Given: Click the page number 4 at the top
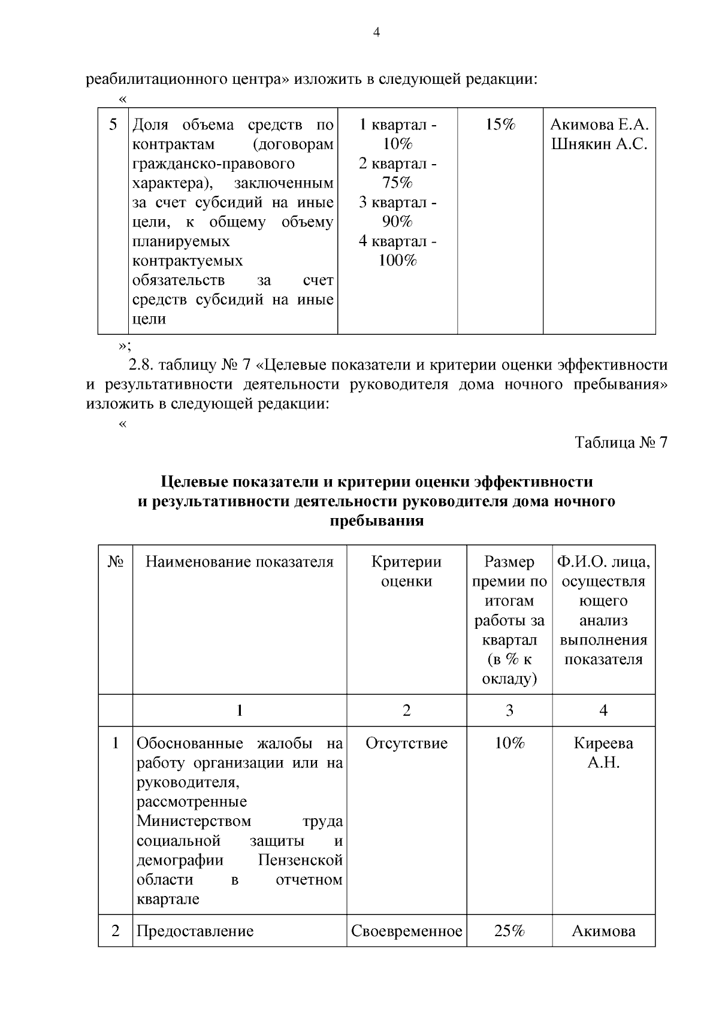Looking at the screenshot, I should (x=376, y=34).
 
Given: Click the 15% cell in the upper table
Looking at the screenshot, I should (x=500, y=125).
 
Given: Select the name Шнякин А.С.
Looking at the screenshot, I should (x=599, y=144).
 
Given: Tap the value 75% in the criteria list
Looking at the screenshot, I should (x=397, y=183).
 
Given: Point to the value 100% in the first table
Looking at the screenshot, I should (x=397, y=261).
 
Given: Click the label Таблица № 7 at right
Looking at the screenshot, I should (x=621, y=443).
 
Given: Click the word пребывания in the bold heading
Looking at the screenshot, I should (x=377, y=520).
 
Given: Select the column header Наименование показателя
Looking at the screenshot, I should (x=240, y=562).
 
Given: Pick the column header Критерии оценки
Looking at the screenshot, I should (x=406, y=571).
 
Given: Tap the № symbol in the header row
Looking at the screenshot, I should (x=115, y=562).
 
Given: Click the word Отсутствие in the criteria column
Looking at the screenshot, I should (x=406, y=743).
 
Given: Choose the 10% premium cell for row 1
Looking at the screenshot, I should (x=509, y=743).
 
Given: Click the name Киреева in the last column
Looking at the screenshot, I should (x=603, y=743).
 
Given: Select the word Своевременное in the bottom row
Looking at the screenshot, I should (x=406, y=931).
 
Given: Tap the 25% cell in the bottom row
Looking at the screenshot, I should (x=509, y=931).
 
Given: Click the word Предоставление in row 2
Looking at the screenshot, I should (x=195, y=931).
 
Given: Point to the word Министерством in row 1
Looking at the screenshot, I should (x=194, y=821).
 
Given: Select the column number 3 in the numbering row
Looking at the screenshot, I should (x=509, y=710).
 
